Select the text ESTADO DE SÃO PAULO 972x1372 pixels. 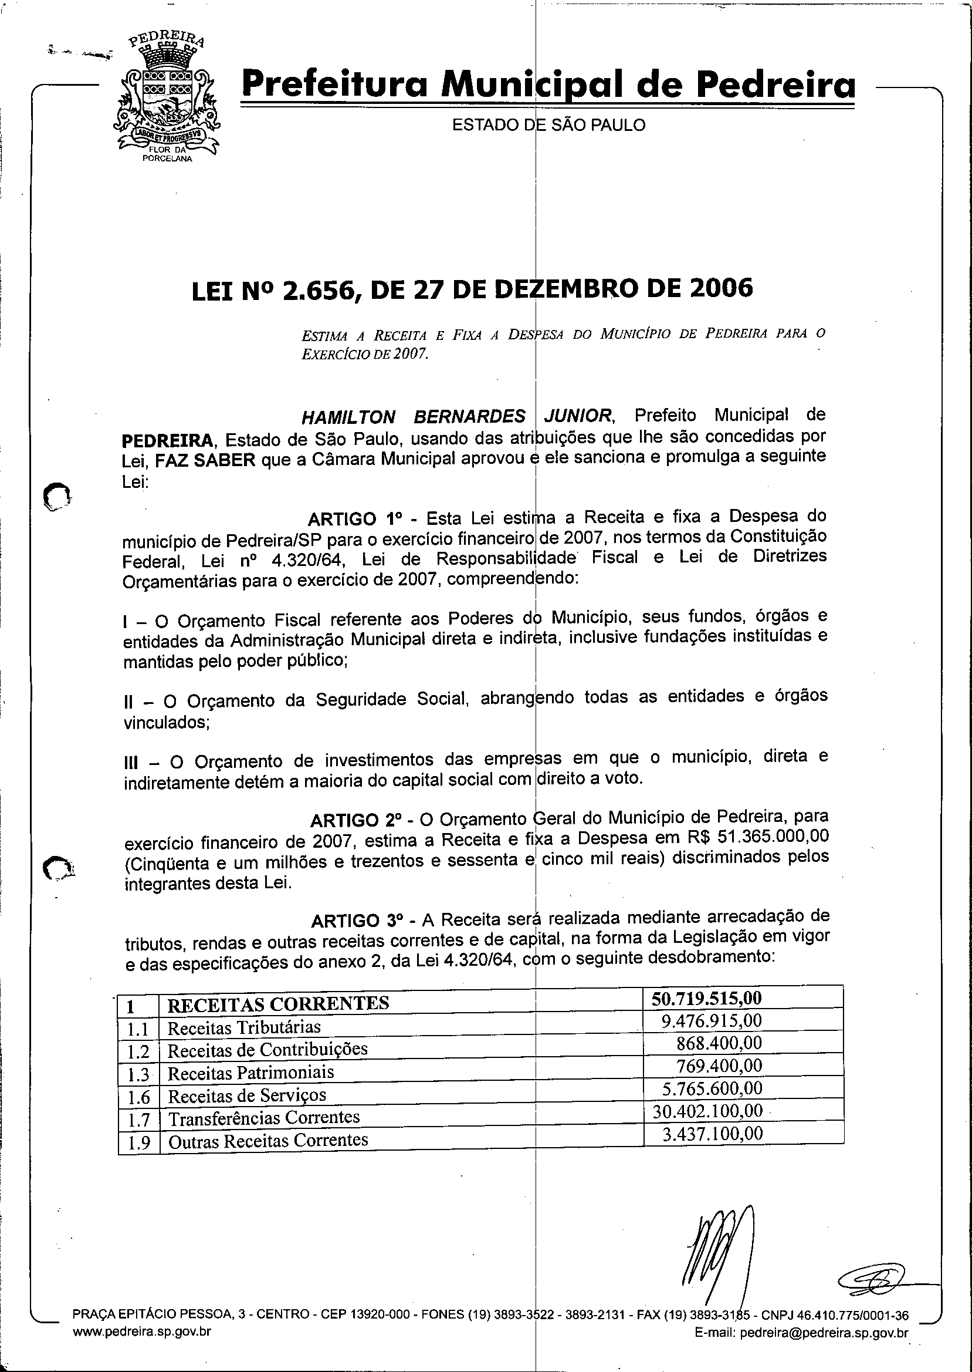coord(548,125)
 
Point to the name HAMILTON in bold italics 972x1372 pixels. coord(348,417)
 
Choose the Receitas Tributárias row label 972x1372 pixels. coord(243,1027)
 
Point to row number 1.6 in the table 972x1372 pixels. coord(138,1097)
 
